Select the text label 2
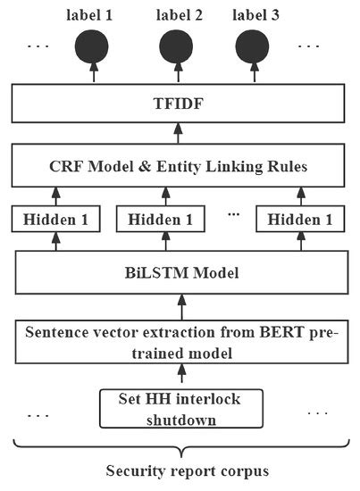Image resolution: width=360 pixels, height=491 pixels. click(179, 15)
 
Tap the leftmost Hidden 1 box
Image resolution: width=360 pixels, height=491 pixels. click(55, 220)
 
